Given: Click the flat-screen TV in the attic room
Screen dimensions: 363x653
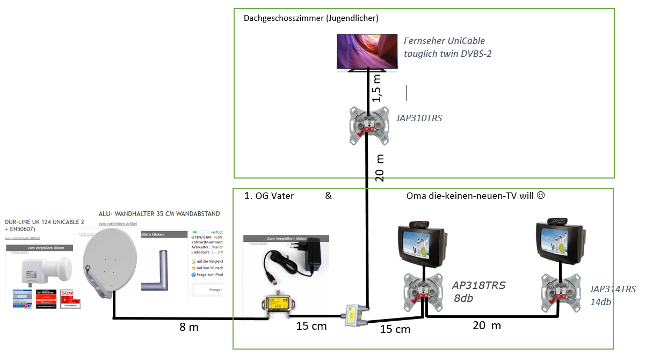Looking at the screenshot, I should coord(368,52).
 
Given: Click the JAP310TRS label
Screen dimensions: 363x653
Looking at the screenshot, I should coord(418,118).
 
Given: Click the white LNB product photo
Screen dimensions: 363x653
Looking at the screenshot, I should coord(38,269).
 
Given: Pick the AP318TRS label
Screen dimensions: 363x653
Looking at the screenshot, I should coord(478,286).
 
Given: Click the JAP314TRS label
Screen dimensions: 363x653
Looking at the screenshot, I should coord(613,289).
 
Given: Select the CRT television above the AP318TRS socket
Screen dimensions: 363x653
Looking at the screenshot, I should coord(423,245).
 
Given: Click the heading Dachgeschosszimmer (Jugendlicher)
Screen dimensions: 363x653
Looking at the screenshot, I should coord(311,18).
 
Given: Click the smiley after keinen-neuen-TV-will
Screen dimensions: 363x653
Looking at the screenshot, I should coord(541,196).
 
